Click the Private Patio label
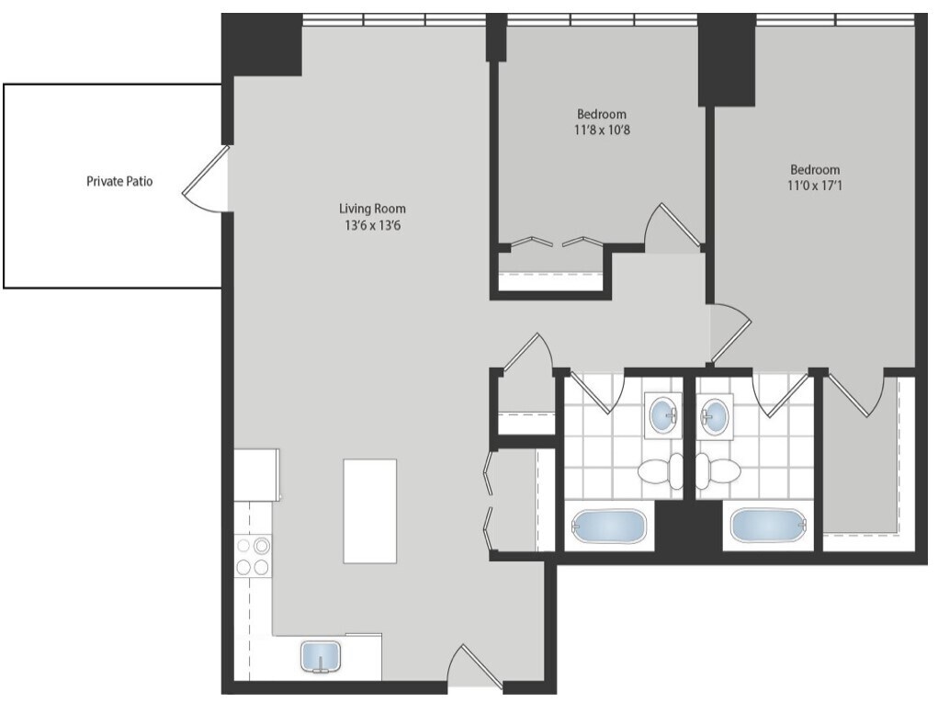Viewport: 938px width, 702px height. click(x=119, y=182)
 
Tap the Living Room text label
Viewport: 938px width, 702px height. click(x=372, y=209)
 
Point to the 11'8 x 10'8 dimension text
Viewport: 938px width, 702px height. click(x=601, y=130)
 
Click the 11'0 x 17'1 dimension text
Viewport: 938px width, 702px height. click(x=815, y=186)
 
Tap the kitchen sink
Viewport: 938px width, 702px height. click(x=321, y=657)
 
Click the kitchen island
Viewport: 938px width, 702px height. click(x=370, y=511)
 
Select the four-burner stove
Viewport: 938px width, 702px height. click(x=253, y=555)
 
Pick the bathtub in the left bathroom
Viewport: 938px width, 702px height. click(x=609, y=527)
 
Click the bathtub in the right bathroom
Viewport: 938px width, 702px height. click(x=768, y=527)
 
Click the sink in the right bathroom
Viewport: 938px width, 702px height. click(x=715, y=413)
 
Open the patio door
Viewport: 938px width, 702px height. click(x=204, y=180)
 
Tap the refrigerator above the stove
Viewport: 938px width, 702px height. click(x=256, y=475)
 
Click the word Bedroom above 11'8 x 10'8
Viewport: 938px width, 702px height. click(x=601, y=114)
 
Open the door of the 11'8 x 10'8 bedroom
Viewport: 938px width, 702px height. click(x=670, y=228)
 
